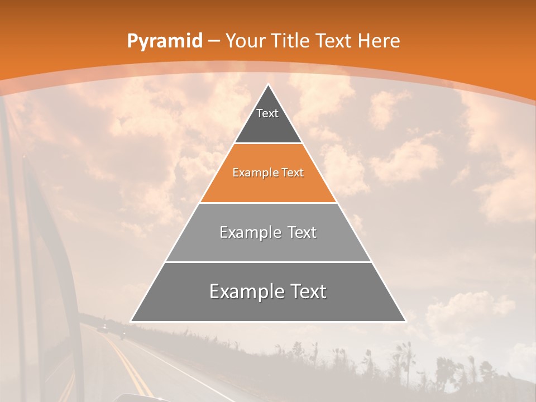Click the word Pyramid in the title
164,41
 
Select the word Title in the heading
290,41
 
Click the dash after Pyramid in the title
214,41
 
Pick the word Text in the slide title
334,41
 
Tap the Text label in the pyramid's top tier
267,113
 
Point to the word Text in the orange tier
293,173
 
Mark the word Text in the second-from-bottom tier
300,232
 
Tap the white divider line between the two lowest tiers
268,262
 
